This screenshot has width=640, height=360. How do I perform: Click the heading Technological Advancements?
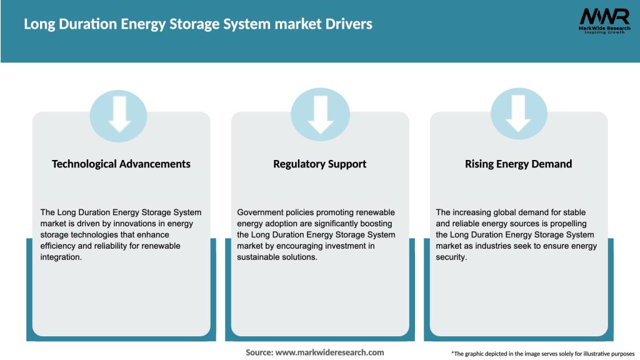pyautogui.click(x=121, y=164)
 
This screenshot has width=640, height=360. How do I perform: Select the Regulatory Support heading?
pyautogui.click(x=320, y=164)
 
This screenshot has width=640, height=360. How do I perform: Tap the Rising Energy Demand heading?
pyautogui.click(x=519, y=164)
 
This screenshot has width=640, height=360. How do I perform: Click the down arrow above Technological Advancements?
pyautogui.click(x=119, y=114)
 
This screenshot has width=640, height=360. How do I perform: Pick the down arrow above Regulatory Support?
pyautogui.click(x=320, y=114)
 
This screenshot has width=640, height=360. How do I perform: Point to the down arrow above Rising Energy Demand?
pyautogui.click(x=518, y=114)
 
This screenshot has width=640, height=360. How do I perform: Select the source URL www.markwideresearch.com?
pyautogui.click(x=329, y=352)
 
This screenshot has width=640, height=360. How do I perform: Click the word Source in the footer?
pyautogui.click(x=258, y=352)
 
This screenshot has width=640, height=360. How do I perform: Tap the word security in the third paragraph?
pyautogui.click(x=451, y=257)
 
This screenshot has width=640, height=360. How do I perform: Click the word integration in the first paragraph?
pyautogui.click(x=61, y=257)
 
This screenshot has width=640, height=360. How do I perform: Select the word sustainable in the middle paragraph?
pyautogui.click(x=261, y=257)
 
